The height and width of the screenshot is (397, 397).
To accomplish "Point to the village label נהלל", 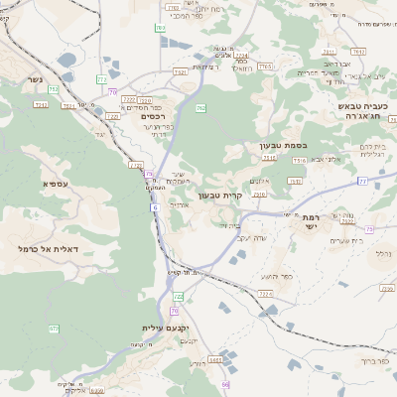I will tap(381, 255).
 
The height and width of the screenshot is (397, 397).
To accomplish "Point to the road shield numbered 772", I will tap(103, 77).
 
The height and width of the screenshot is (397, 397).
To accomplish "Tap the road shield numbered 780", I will tap(160, 29).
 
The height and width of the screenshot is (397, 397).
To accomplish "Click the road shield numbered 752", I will tap(53, 90).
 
